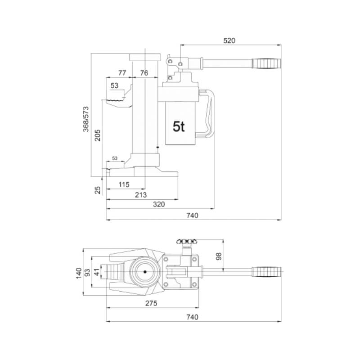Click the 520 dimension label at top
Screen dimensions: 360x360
tap(229, 40)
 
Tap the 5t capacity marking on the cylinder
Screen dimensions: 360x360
tap(179, 126)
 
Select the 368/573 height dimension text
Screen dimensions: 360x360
tap(86, 119)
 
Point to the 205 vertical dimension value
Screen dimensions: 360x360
tap(98, 135)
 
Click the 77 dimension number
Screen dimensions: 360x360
tap(122, 73)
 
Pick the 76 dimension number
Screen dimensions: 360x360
tap(144, 73)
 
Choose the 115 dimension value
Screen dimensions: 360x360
tap(124, 184)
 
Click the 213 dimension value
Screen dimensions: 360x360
tap(141, 195)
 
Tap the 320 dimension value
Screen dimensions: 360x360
tap(159, 204)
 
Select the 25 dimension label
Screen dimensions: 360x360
tap(98, 190)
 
